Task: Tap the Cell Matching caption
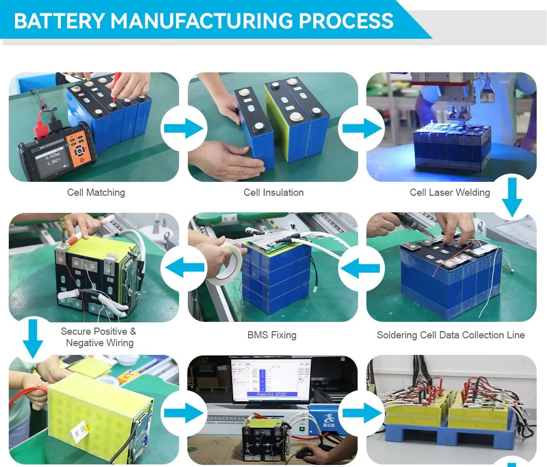click(96, 193)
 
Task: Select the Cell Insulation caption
click(273, 193)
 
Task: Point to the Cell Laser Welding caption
click(449, 193)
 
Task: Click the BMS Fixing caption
click(272, 335)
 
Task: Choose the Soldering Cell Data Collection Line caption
click(451, 335)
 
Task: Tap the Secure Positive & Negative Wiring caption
click(98, 337)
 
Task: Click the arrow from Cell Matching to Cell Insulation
click(184, 129)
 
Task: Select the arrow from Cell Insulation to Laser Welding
click(362, 129)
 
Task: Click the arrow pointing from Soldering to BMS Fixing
click(362, 269)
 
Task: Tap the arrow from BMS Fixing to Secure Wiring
click(184, 269)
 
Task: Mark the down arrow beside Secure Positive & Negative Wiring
click(33, 338)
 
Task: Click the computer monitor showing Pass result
click(271, 380)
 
